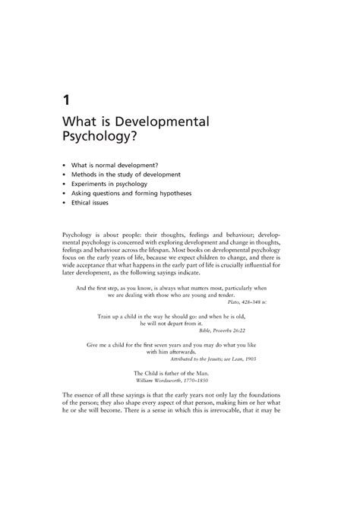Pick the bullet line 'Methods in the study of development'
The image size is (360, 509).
pyautogui.click(x=131, y=174)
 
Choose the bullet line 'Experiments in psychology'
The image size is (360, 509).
pyautogui.click(x=115, y=184)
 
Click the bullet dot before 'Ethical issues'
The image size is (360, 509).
pyautogui.click(x=64, y=204)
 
